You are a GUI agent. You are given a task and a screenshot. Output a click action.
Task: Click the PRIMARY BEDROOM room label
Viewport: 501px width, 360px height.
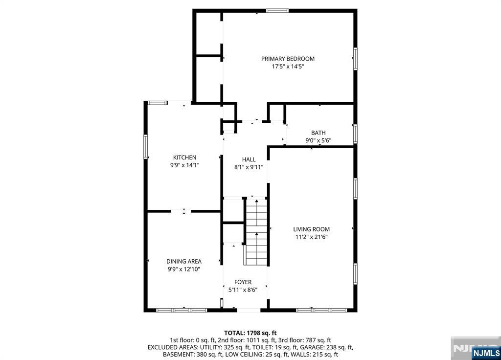(x=288, y=59)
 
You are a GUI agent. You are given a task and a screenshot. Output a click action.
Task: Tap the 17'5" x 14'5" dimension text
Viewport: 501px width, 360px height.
(x=288, y=67)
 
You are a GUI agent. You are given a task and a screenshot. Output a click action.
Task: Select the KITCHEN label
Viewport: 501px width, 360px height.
(x=184, y=157)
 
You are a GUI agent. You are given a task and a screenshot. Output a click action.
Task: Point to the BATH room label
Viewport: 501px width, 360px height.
(x=318, y=133)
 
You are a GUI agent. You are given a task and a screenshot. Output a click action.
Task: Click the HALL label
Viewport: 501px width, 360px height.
(x=249, y=159)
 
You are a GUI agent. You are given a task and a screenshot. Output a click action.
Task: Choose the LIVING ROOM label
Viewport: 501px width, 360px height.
(x=311, y=229)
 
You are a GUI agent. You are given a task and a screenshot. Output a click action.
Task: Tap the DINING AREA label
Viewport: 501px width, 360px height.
(x=184, y=261)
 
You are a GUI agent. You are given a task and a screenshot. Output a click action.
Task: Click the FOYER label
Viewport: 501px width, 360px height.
(x=243, y=282)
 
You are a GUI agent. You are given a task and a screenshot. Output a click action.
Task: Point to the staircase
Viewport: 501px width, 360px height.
(x=256, y=231)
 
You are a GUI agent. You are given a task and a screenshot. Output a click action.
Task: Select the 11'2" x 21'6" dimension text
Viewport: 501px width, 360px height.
(x=312, y=237)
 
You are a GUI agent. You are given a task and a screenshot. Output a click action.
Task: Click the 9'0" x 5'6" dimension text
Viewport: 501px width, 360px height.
(x=318, y=140)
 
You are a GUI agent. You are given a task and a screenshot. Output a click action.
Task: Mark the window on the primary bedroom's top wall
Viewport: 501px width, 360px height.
(x=277, y=11)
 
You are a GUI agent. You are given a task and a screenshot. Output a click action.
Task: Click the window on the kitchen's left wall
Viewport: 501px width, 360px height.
(x=146, y=147)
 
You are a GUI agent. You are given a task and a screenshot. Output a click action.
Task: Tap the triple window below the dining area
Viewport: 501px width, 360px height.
(x=182, y=310)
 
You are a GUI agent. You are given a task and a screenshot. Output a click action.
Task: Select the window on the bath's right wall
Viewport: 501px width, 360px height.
(x=355, y=134)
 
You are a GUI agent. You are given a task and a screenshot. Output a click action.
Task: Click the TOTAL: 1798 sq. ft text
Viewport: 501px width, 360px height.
(x=250, y=333)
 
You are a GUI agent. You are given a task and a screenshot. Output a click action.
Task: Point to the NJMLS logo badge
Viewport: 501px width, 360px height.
(x=486, y=353)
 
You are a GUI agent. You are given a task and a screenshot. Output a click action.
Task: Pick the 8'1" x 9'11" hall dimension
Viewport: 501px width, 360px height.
(x=249, y=167)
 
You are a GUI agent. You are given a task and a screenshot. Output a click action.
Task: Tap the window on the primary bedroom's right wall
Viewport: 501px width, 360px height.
(x=355, y=59)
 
